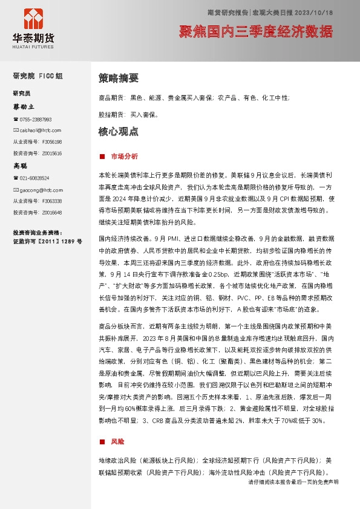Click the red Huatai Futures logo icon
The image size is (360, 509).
33,21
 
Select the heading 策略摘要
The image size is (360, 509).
118,78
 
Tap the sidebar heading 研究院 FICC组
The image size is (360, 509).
38,76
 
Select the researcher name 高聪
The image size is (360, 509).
21,165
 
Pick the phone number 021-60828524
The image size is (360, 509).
34,178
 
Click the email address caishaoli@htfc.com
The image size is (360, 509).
40,130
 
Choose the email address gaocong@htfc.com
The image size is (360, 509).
39,189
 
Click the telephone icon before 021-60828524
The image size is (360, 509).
16,178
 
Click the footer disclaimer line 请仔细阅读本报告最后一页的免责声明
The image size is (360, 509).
293,482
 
